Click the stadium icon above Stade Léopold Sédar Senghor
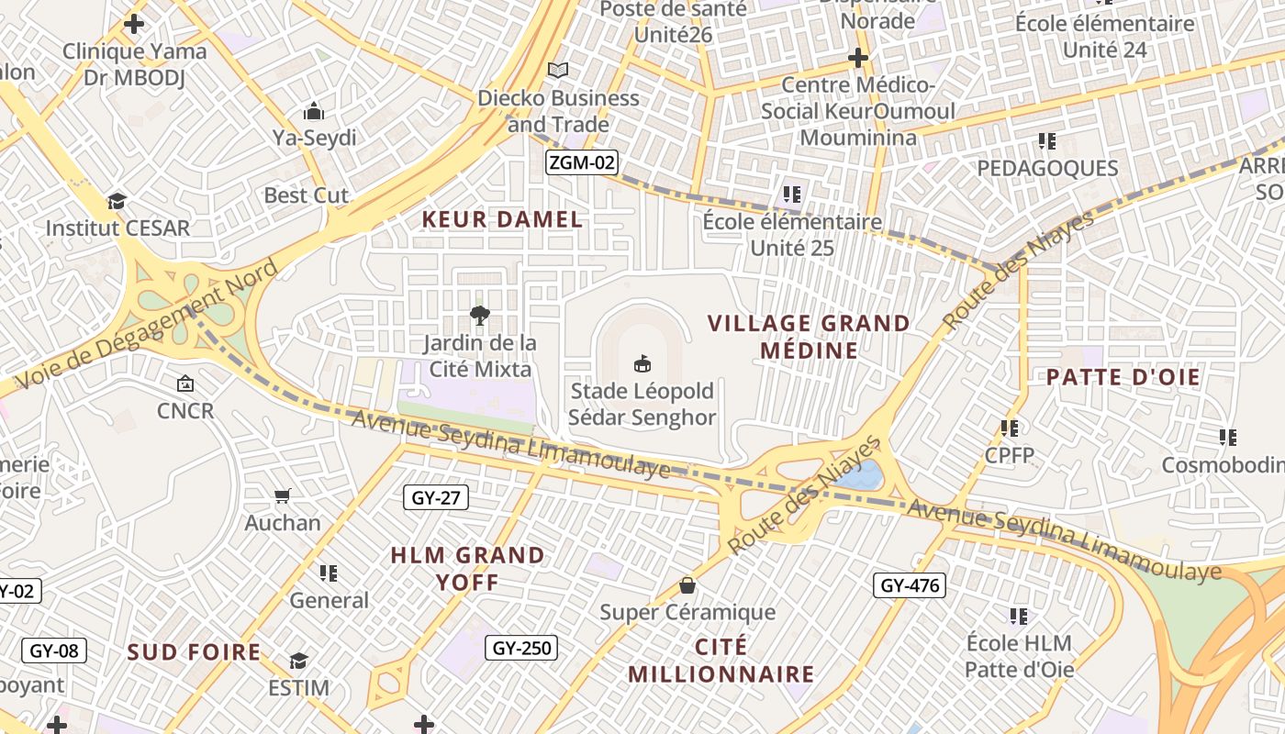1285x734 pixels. pos(642,364)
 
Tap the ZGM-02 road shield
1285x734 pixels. pos(581,163)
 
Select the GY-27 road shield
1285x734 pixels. pos(436,498)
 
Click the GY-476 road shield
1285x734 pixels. pos(909,585)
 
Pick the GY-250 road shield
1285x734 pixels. pos(521,648)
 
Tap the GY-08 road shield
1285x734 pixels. pos(54,651)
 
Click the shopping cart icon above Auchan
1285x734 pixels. pos(283,496)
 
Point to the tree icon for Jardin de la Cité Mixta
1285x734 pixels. pos(479,317)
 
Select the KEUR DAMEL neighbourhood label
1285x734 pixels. pos(502,219)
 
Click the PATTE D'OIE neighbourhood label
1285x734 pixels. pos(1123,377)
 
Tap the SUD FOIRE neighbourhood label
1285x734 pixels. pos(194,652)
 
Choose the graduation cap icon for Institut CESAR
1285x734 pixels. pos(117,201)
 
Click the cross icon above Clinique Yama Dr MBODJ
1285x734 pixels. pos(134,24)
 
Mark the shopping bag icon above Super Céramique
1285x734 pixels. pos(687,585)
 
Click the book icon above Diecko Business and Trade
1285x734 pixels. pos(558,70)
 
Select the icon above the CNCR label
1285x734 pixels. pos(185,384)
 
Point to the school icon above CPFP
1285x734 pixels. pos(1010,428)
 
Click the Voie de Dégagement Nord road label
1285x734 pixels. pos(147,324)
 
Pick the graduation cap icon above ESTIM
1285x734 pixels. pos(298,661)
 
